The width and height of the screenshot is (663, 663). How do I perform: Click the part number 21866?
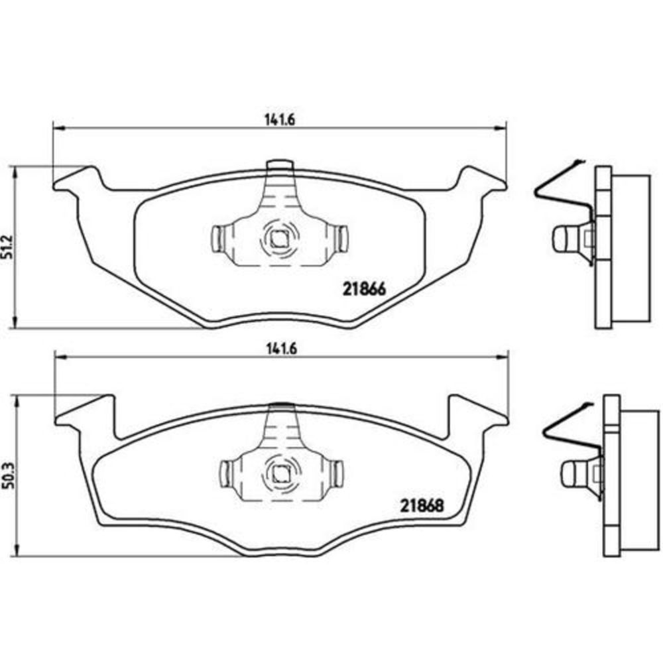pos(365,289)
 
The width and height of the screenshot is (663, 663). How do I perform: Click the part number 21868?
pos(422,505)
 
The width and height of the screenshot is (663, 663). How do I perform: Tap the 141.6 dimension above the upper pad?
pos(280,119)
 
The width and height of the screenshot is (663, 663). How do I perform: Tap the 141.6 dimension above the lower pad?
pos(282,349)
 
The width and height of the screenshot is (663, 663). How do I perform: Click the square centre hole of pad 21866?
pos(278,239)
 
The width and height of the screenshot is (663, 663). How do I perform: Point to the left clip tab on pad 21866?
pos(217,238)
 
